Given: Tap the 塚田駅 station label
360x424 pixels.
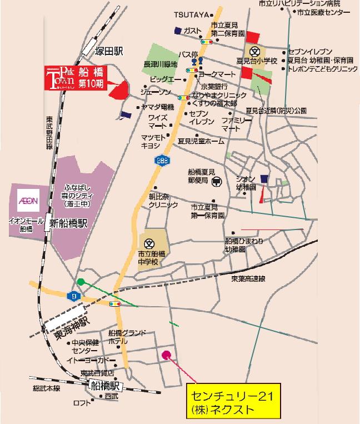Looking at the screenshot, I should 108,52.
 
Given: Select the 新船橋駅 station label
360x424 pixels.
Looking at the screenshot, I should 69,224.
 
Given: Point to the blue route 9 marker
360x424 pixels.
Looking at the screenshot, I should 73,296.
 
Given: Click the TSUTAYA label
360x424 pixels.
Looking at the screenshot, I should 191,14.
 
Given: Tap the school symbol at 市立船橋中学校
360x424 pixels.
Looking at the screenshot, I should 149,243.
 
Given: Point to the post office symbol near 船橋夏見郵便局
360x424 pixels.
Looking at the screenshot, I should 217,181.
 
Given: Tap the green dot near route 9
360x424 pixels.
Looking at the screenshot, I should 81,282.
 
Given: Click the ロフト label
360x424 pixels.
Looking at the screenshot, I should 82,403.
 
